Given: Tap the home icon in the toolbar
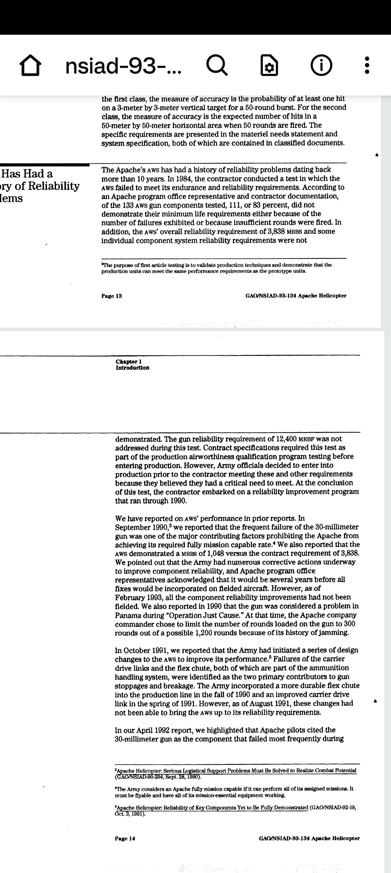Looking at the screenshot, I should [x=30, y=65].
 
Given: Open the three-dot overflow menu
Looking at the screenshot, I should [x=367, y=65].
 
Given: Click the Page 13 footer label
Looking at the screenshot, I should [x=112, y=296].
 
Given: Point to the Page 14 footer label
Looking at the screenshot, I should [x=125, y=839].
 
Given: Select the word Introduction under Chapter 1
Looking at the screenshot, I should [x=132, y=368].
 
